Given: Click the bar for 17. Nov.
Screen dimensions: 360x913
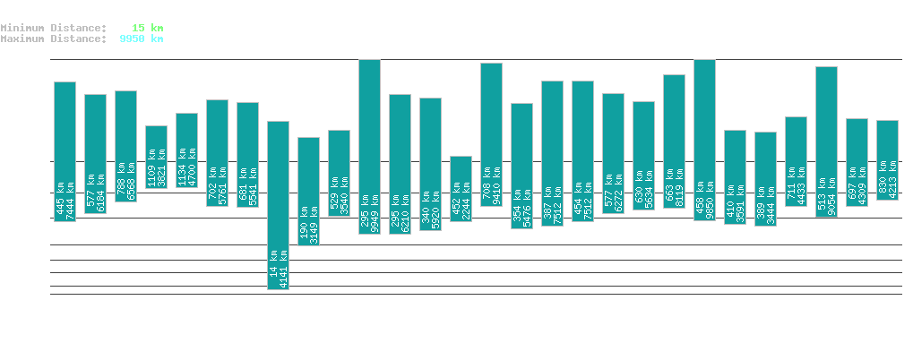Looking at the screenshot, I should point(279,205).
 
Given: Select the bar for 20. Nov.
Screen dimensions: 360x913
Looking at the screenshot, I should point(370,146).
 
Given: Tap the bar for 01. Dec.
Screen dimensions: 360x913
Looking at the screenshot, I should point(705,140).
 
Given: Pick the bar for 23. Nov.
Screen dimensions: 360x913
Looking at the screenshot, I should point(461,188).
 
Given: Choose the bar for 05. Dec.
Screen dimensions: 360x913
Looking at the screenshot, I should point(827,141).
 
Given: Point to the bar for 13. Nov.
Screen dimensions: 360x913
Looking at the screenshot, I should point(157,157).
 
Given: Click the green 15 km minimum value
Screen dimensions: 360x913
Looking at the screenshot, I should point(147,28).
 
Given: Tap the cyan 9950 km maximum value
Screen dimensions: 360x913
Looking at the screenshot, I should point(142,39).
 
